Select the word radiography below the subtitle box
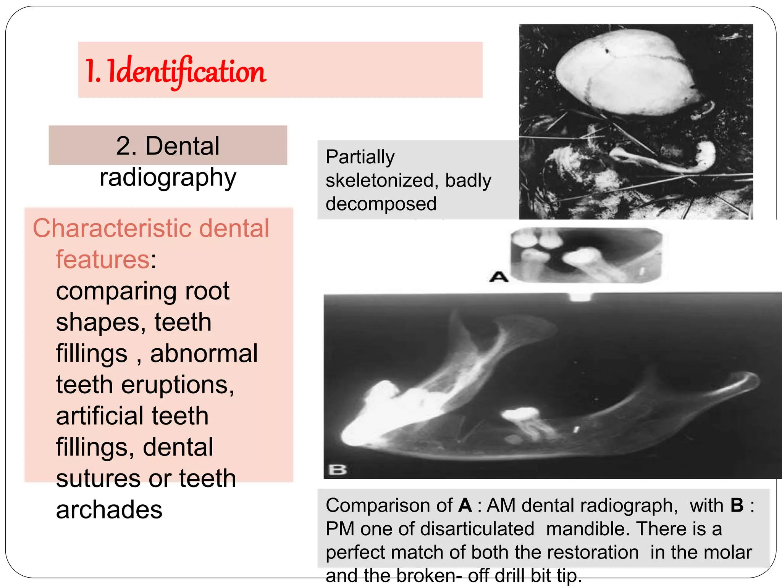tap(168, 178)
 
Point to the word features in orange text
tap(103, 260)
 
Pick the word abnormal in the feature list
tap(204, 354)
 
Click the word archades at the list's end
tap(109, 510)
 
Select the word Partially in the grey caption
tap(360, 157)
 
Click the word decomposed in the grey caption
tap(381, 204)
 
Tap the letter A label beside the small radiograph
tap(499, 277)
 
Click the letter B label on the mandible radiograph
tap(338, 469)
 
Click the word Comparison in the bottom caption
tap(389, 506)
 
